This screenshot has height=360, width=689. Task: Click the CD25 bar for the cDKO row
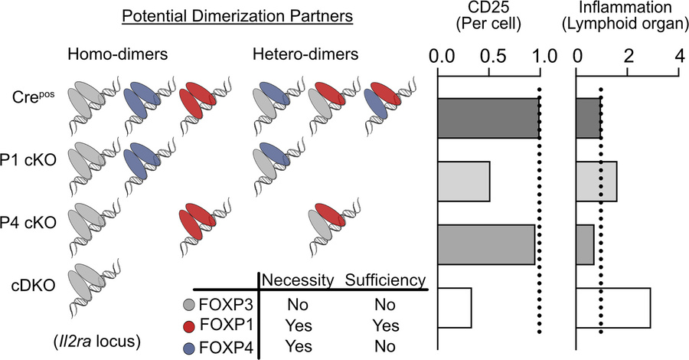454,307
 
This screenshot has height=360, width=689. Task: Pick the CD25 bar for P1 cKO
463,181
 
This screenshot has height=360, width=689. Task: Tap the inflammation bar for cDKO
613,307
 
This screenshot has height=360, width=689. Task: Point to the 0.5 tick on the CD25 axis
489,56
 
